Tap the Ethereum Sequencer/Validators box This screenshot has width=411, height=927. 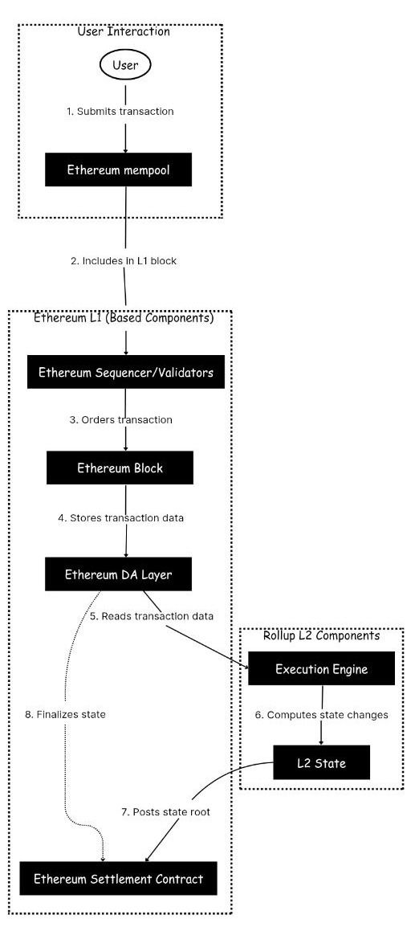click(x=125, y=373)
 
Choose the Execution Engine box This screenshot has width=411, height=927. click(x=321, y=668)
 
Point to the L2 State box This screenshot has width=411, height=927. click(x=321, y=762)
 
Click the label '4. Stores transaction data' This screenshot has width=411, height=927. click(x=121, y=518)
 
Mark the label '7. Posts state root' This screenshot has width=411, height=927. click(x=165, y=812)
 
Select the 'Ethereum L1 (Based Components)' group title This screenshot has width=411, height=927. click(x=124, y=318)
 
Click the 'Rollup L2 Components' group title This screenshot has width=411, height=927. click(x=321, y=635)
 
